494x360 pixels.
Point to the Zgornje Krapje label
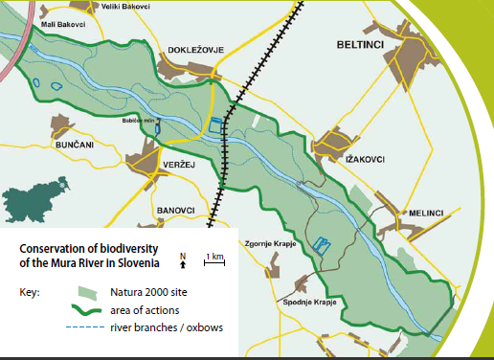tap(272, 243)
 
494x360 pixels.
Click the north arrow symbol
tap(183, 258)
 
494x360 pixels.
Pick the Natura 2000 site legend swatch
tap(86, 292)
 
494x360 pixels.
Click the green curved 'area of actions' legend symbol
tap(86, 311)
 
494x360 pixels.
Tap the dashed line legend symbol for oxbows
tap(86, 328)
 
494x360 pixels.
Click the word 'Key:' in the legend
tap(29, 291)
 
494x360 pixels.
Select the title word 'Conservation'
tap(50, 248)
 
